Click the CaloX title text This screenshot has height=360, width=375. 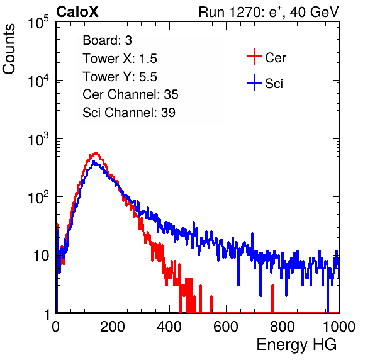(x=77, y=12)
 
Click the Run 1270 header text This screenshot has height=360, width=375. (x=269, y=12)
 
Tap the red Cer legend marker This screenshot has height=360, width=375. (x=254, y=57)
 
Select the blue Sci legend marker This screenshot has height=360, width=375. (x=254, y=82)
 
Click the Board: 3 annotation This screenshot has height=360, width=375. (x=108, y=40)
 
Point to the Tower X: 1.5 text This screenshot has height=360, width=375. (x=120, y=59)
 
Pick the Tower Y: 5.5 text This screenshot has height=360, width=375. (x=120, y=77)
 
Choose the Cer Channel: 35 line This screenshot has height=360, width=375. (x=130, y=94)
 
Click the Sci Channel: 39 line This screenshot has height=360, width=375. (x=129, y=113)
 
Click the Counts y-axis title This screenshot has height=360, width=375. (x=9, y=49)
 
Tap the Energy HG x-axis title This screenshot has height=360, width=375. (x=296, y=345)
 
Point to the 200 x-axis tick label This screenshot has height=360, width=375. (x=113, y=327)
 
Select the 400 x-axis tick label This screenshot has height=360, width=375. (x=169, y=327)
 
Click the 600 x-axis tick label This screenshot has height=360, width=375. (x=226, y=327)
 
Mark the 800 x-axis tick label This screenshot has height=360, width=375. (x=283, y=327)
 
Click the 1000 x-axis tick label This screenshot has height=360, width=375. (x=339, y=327)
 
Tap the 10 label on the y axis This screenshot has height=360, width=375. (x=42, y=256)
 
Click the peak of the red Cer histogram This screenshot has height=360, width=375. (x=96, y=153)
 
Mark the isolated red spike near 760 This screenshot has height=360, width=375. (x=272, y=298)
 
